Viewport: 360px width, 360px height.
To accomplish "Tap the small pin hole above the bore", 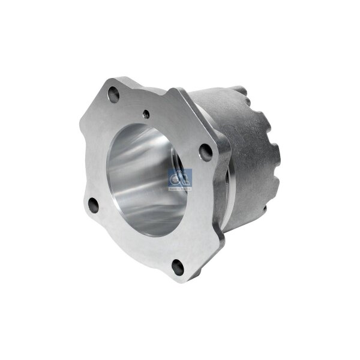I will pos(146,111).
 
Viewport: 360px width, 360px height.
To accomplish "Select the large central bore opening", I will pos(148,180).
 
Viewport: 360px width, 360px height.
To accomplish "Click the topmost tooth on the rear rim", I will pos(240,90).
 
